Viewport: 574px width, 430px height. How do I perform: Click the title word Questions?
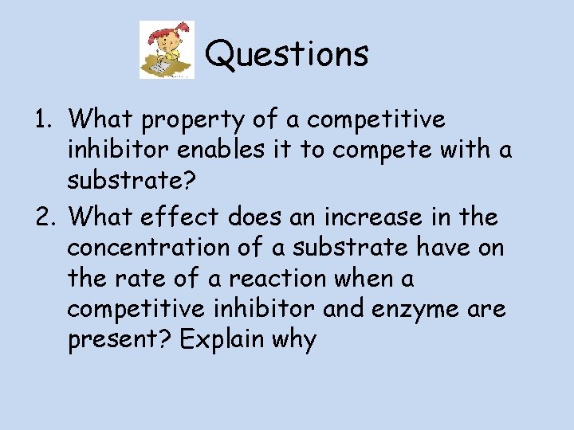click(287, 54)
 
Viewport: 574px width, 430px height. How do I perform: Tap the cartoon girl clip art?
click(167, 50)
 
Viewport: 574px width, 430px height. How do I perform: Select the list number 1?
click(43, 120)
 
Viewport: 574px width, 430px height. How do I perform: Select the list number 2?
click(43, 217)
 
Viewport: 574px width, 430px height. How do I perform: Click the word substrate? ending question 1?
click(131, 182)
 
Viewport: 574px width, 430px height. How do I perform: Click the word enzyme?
click(422, 309)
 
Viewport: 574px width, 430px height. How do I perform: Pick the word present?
click(119, 341)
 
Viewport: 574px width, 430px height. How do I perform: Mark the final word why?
click(294, 341)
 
